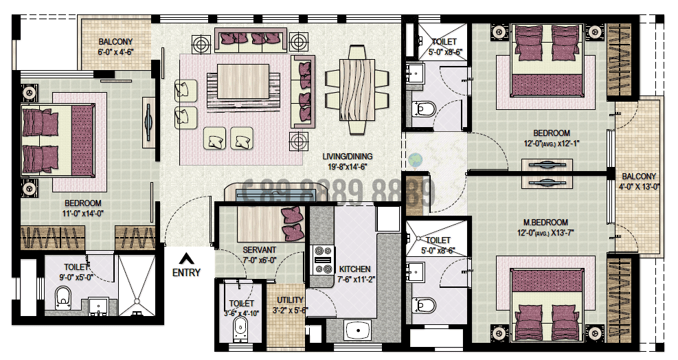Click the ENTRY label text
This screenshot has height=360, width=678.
pos(186,273)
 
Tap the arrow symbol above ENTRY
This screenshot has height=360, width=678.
pos(185,259)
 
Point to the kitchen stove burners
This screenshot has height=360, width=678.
pos(322,260)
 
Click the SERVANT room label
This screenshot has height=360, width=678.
pos(259,250)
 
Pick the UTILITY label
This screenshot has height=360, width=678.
pos(290,300)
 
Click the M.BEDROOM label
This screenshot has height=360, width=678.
pos(546,222)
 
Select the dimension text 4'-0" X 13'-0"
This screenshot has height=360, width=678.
pos(639,186)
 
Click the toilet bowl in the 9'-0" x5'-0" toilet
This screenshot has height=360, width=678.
pos(64,297)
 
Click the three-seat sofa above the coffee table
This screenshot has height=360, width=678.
pos(250,39)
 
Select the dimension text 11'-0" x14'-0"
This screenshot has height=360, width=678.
pos(83,213)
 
